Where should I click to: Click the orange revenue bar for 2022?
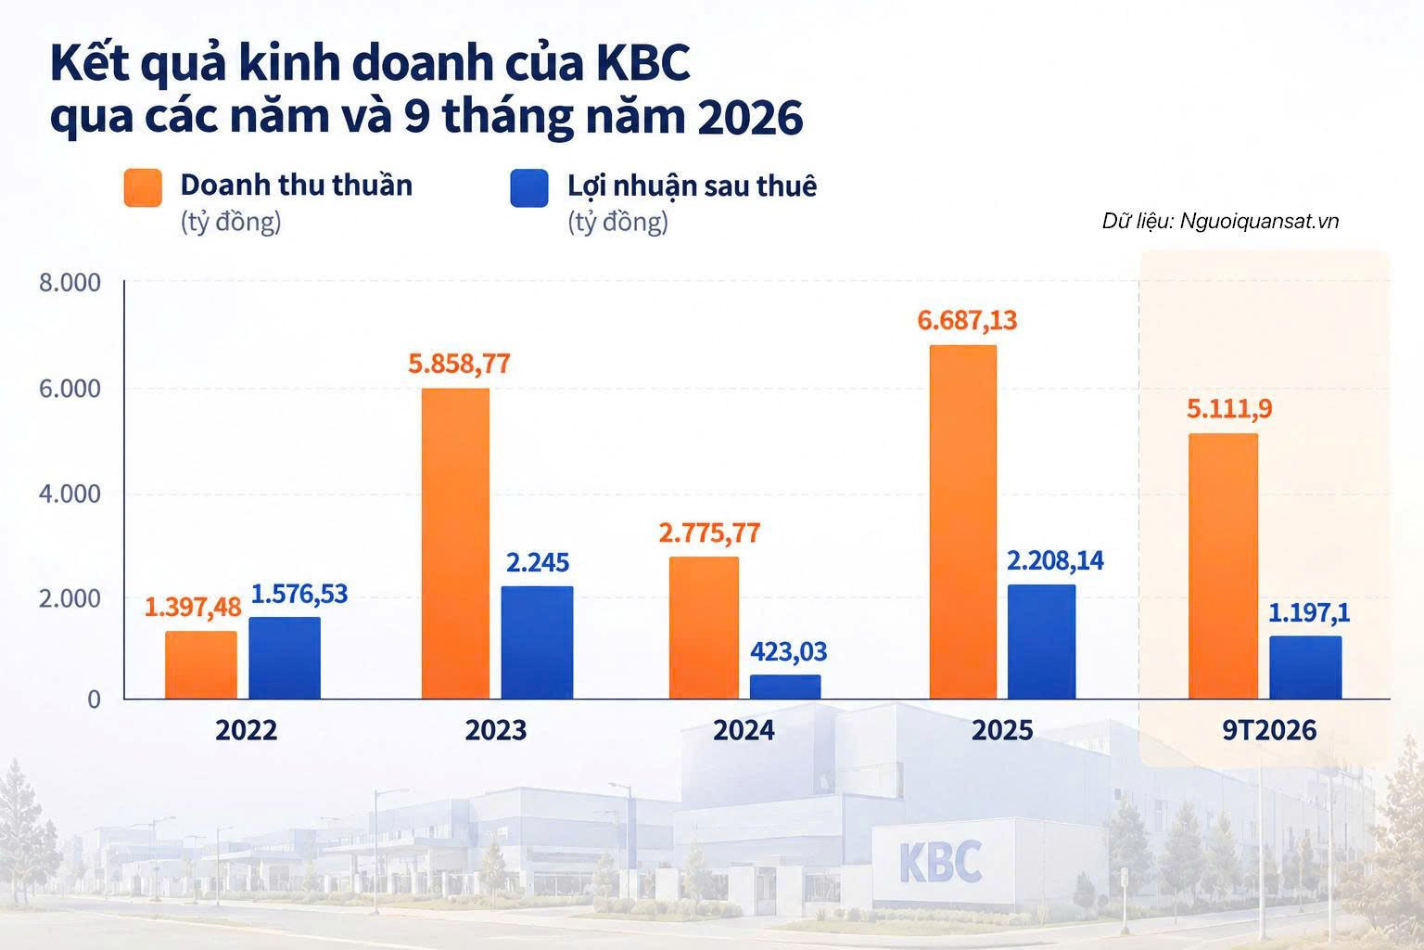pos(201,665)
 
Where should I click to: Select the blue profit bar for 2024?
pos(785,687)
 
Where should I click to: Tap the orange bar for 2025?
pos(963,522)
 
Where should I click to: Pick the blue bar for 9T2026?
pos(1305,667)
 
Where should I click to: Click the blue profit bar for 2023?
pos(537,643)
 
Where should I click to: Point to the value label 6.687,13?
pos(967,320)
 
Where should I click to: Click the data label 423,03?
pos(788,651)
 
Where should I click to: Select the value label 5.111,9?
pos(1229,408)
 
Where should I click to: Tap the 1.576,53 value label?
pos(299,594)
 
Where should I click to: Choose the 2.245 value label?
pos(538,562)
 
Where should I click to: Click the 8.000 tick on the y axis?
pos(70,283)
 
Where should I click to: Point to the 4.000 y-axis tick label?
pos(70,494)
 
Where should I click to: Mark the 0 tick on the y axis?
pos(94,700)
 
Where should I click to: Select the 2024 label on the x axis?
pos(744,730)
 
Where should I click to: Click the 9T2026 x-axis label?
pos(1269,730)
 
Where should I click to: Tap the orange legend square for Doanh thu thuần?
pos(143,187)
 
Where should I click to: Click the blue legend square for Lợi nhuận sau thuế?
pos(529,187)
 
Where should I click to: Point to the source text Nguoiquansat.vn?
pos(1259,221)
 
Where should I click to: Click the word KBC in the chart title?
pos(643,63)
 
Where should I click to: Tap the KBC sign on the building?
pos(941,862)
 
